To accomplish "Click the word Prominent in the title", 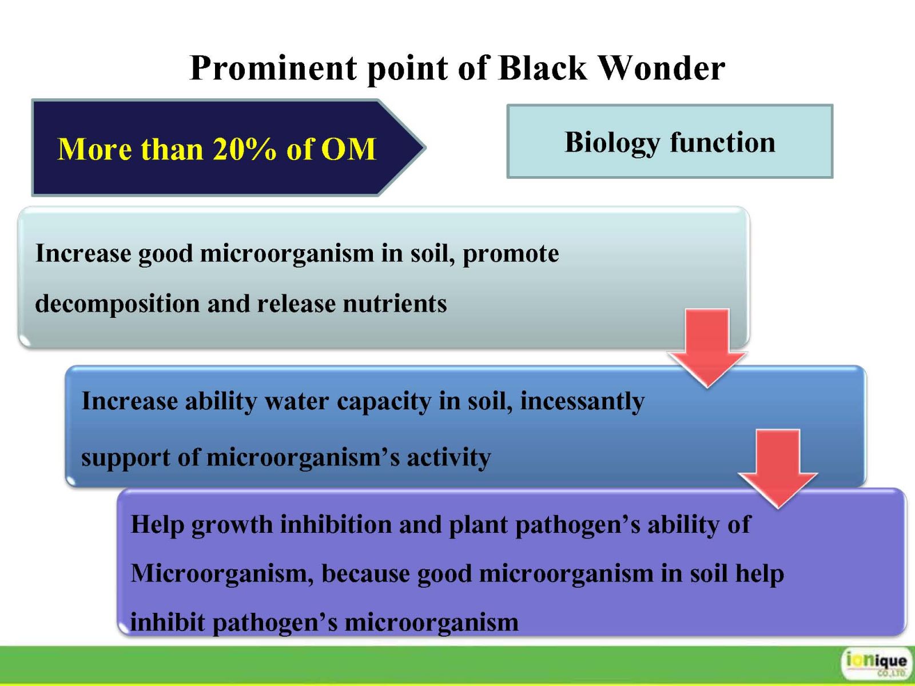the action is pos(273,68).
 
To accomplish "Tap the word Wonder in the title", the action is pos(662,68).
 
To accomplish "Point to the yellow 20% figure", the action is pos(244,149).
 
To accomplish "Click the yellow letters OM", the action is pos(348,149).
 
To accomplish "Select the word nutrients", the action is pos(395,304).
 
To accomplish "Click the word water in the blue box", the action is pos(297,401).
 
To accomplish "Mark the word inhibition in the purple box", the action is pos(336,524).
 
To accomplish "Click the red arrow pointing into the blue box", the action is pos(707,348).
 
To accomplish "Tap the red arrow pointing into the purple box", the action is pos(778,469).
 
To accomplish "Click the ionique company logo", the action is pos(876,663).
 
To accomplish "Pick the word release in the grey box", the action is pos(296,304).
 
